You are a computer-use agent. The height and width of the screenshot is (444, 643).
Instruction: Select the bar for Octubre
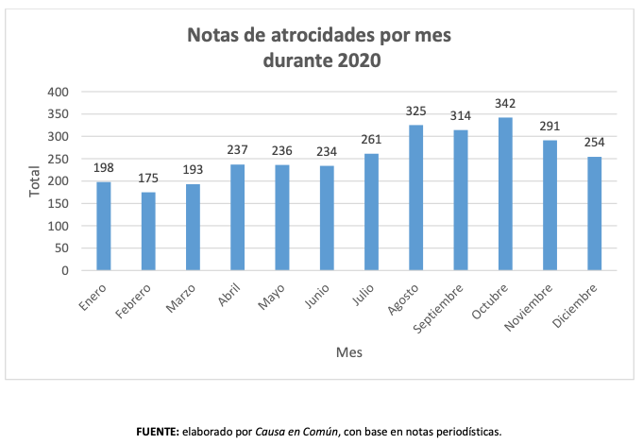pyautogui.click(x=505, y=194)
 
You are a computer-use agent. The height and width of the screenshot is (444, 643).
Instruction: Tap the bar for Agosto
pyautogui.click(x=416, y=197)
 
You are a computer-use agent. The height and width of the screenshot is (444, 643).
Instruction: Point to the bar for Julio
pyautogui.click(x=372, y=212)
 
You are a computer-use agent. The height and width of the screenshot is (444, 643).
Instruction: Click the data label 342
pyautogui.click(x=505, y=103)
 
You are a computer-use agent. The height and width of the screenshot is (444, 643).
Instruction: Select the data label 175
pyautogui.click(x=148, y=178)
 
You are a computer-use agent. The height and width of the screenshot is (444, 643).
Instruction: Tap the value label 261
pyautogui.click(x=372, y=140)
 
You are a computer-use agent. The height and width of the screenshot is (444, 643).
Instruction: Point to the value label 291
pyautogui.click(x=550, y=127)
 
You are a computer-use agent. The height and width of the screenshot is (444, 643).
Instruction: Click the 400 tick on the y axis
pyautogui.click(x=59, y=92)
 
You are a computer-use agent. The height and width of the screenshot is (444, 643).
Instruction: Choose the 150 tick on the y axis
pyautogui.click(x=59, y=203)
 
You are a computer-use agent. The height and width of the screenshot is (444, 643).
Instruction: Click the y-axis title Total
pyautogui.click(x=34, y=181)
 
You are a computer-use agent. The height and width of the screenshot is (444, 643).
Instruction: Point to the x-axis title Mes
pyautogui.click(x=348, y=352)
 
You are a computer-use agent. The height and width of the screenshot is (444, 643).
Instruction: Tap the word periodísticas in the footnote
pyautogui.click(x=468, y=432)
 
